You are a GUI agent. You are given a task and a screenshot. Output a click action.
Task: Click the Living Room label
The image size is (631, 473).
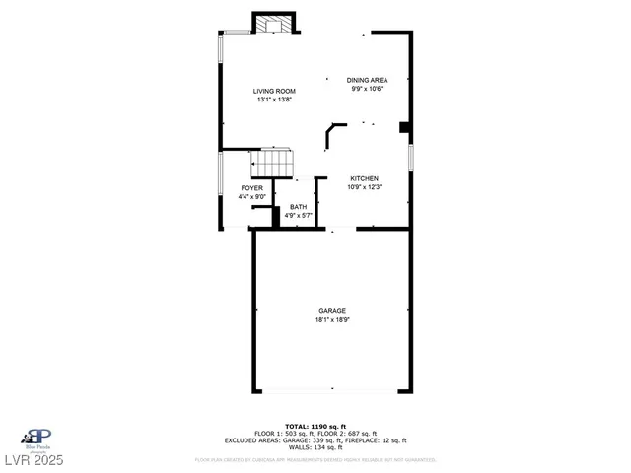(275, 92)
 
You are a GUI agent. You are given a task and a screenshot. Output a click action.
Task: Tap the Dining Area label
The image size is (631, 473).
(366, 80)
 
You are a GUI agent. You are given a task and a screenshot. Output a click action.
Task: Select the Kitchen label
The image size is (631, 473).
(364, 178)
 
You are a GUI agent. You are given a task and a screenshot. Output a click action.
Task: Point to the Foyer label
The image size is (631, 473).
(252, 187)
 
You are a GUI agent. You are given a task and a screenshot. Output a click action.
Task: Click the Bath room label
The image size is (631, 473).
(298, 206)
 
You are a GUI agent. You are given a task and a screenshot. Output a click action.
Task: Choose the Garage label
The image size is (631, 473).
(332, 311)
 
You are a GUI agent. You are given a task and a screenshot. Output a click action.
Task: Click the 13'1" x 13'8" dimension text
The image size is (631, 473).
(275, 101)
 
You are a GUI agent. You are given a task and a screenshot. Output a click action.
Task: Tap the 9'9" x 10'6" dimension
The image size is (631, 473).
(366, 89)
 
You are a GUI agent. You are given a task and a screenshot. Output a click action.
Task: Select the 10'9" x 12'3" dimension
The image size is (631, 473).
(364, 187)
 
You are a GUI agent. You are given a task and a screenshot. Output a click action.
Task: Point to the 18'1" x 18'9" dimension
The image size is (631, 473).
(332, 320)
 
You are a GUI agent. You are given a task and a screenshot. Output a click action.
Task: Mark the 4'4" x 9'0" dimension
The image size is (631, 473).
(252, 196)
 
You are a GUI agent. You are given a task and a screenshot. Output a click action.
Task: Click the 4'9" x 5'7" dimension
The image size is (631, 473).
(298, 215)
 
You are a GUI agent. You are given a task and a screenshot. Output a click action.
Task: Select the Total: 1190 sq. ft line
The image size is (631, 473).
(315, 425)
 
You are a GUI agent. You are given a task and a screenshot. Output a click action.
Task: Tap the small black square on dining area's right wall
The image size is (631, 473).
(404, 127)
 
